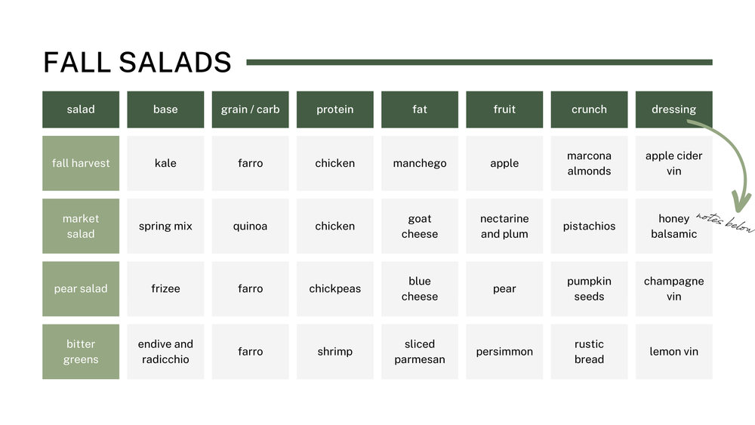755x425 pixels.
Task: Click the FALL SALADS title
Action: [137, 63]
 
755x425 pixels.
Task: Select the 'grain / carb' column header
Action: [250, 109]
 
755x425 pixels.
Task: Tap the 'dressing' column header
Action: [673, 109]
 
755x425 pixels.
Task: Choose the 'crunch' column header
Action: [589, 109]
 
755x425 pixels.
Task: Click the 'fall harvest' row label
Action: [81, 163]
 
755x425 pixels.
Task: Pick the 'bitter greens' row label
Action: [81, 352]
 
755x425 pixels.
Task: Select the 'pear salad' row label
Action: [81, 288]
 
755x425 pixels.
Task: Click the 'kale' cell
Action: [165, 163]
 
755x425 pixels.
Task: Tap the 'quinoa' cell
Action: [250, 226]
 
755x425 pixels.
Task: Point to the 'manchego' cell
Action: [420, 163]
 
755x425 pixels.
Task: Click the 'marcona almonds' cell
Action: [589, 163]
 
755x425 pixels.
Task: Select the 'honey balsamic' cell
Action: [673, 226]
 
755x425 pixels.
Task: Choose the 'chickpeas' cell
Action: [334, 288]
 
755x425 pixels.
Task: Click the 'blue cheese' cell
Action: [420, 288]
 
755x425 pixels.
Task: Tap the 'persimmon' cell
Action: [504, 352]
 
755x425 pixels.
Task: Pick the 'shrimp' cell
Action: [334, 352]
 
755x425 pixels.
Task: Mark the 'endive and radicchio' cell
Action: [165, 352]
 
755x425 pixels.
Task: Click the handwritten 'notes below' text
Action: [725, 222]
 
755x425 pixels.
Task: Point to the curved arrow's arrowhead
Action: [742, 202]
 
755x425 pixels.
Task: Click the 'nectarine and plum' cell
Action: [504, 226]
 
